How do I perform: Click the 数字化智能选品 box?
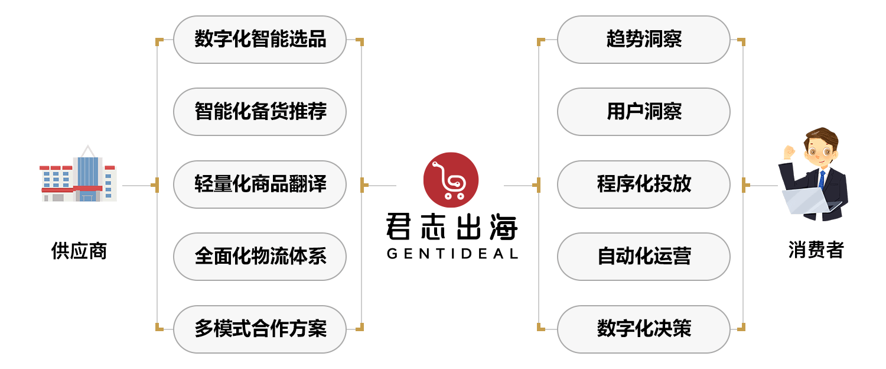pos(260,40)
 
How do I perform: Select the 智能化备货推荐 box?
pos(260,112)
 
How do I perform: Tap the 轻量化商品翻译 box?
pos(260,184)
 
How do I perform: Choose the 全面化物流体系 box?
pos(260,257)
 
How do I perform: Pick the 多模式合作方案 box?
pos(260,329)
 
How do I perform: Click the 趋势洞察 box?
pos(644,40)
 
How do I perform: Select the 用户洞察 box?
pos(644,112)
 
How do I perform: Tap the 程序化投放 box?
pos(644,184)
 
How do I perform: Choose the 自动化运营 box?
pos(644,257)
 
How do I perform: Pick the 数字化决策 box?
pos(644,329)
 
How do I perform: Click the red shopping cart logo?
pos(451,180)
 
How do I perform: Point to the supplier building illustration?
pos(79,175)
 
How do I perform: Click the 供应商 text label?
pos(79,251)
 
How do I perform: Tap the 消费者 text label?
pos(816,250)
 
